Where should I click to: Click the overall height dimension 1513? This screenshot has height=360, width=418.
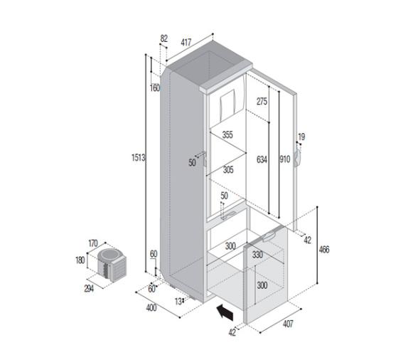click(x=139, y=158)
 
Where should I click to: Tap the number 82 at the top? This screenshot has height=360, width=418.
click(x=164, y=38)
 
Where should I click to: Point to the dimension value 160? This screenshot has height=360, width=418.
click(x=156, y=88)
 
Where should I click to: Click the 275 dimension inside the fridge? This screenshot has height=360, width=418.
click(x=261, y=102)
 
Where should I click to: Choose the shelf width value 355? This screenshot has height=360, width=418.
click(x=227, y=135)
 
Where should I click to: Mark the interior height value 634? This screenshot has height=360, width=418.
click(x=261, y=160)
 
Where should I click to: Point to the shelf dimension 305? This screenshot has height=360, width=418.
click(x=227, y=169)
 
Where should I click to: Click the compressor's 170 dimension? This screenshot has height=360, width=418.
click(x=92, y=243)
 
